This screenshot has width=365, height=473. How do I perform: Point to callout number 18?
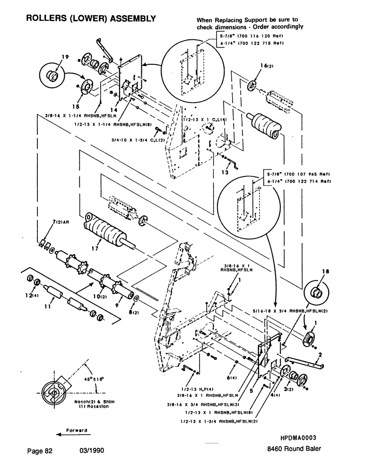(313, 273)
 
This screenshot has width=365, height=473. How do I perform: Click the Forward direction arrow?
(71, 432)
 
